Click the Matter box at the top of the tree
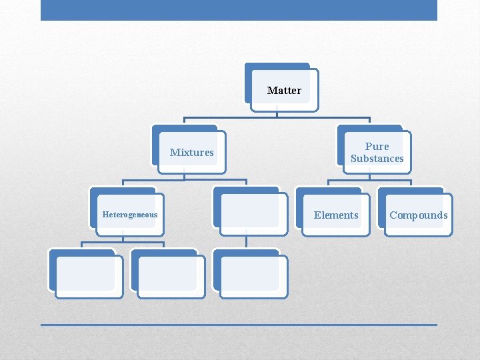[284, 90]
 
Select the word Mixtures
[192, 152]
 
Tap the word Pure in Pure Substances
[377, 146]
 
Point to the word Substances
[377, 159]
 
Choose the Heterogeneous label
[130, 215]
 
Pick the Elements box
[336, 215]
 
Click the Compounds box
[418, 215]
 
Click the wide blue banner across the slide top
[239, 10]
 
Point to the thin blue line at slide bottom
[239, 325]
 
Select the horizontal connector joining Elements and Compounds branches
[369, 180]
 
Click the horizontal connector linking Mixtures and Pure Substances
[277, 119]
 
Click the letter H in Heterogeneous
[105, 215]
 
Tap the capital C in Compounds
[393, 215]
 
